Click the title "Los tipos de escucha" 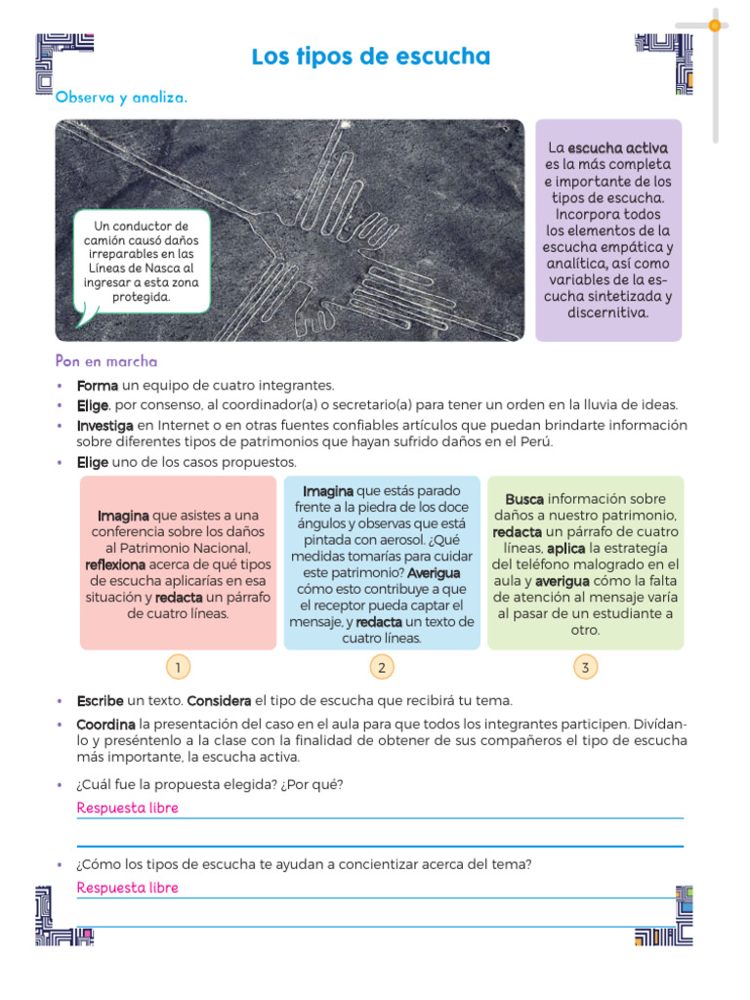point(370,58)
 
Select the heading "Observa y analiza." point(121,98)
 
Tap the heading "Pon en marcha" point(106,361)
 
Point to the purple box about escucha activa point(607,230)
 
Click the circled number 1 point(178,668)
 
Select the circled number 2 point(382,668)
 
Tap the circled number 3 point(585,668)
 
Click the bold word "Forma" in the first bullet point(98,386)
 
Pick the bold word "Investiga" point(105,425)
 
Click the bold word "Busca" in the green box point(524,499)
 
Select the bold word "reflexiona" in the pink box point(115,564)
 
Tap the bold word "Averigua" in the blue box point(434,572)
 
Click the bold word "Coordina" point(105,725)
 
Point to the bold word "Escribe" point(100,701)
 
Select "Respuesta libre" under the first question point(127,808)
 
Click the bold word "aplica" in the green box point(566,549)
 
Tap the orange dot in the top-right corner point(715,25)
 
